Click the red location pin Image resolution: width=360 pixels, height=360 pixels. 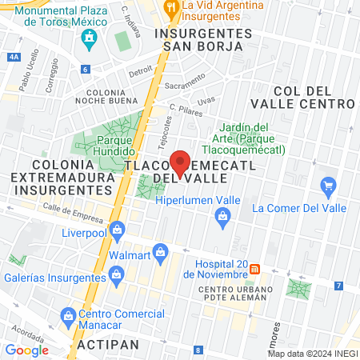[x=181, y=163]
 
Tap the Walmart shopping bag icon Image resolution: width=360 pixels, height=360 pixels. [x=161, y=253]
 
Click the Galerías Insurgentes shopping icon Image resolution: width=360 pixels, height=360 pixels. [x=118, y=275]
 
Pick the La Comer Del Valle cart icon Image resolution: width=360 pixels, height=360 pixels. [x=327, y=187]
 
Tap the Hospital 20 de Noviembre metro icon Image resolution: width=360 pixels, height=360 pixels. [x=254, y=268]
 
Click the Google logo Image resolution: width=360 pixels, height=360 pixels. [x=26, y=350]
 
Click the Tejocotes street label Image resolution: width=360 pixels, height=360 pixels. [x=166, y=129]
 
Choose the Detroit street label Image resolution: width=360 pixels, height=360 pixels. [x=140, y=70]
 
